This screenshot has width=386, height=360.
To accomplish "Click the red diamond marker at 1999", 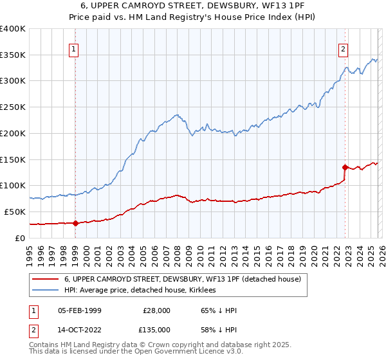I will pyautogui.click(x=75, y=224).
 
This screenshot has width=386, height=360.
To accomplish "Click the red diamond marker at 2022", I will pyautogui.click(x=345, y=167).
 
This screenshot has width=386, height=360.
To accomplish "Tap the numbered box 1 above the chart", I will pyautogui.click(x=74, y=48).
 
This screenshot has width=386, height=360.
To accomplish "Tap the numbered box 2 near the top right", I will pyautogui.click(x=344, y=48).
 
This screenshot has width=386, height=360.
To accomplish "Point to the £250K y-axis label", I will pyautogui.click(x=13, y=107).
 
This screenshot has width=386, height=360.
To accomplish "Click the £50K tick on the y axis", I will pyautogui.click(x=15, y=212).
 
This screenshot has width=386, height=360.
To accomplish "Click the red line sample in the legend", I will pyautogui.click(x=46, y=280).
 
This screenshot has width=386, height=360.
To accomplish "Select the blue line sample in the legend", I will pyautogui.click(x=46, y=291).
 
